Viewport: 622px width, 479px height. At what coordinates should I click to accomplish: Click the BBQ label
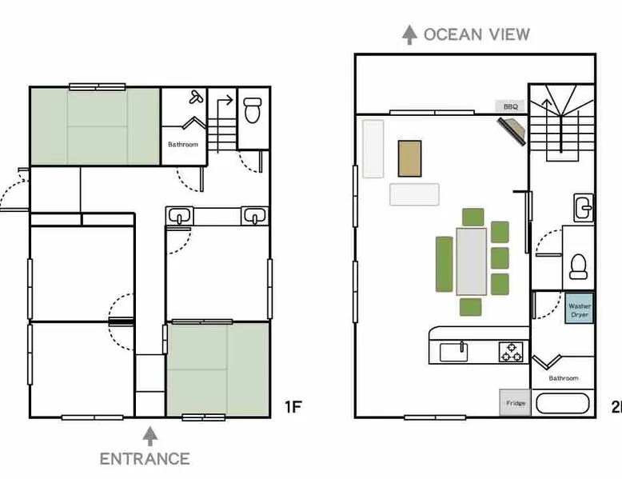(510, 106)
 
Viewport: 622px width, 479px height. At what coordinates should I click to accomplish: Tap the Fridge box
(515, 403)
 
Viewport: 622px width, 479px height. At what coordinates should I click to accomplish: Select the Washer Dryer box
(579, 309)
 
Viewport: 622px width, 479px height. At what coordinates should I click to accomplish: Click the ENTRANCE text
(145, 459)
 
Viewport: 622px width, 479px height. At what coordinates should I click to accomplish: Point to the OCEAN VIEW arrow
(409, 34)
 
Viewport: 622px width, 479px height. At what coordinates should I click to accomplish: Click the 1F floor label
(293, 407)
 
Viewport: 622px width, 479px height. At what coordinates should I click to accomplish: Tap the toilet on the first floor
(253, 110)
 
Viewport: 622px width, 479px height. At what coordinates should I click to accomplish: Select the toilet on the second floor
(577, 266)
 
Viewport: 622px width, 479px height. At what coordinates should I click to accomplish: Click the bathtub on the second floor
(563, 404)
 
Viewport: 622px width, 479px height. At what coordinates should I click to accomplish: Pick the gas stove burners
(512, 352)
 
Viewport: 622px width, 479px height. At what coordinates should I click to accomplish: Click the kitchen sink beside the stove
(454, 352)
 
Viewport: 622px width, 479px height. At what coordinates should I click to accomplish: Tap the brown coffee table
(410, 158)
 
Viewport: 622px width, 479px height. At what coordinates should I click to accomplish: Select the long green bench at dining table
(445, 264)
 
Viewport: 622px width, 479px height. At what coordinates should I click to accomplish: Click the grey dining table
(471, 261)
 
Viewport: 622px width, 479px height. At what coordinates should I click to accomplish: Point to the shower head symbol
(196, 97)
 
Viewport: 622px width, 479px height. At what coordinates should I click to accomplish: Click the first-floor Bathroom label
(183, 145)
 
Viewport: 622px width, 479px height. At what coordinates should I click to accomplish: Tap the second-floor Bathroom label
(564, 378)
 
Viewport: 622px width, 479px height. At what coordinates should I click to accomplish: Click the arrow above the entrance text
(150, 436)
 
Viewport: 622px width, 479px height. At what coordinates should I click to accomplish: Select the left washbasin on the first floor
(180, 216)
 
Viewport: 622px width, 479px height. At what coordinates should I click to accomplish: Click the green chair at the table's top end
(472, 217)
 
